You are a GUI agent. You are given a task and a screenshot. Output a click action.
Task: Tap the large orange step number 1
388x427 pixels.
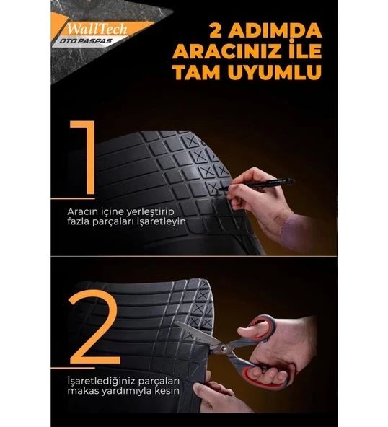click(85, 158)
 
